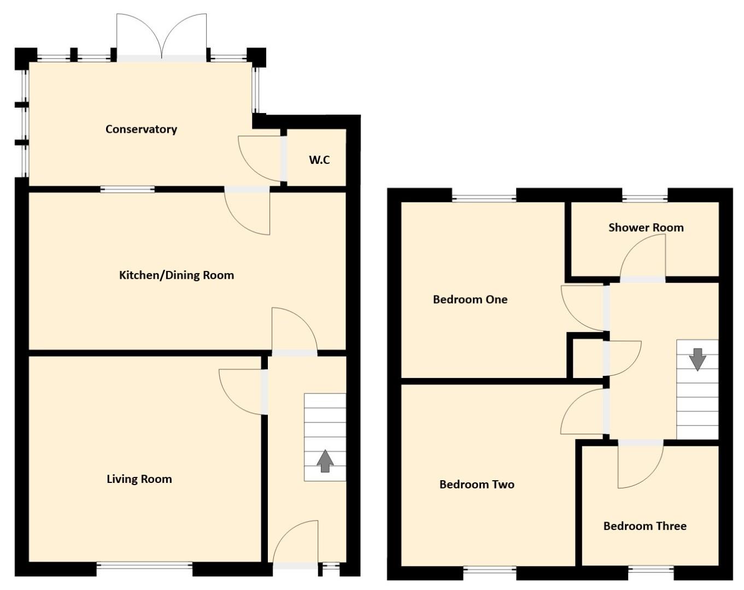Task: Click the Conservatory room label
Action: [x=141, y=129]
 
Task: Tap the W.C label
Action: [x=319, y=160]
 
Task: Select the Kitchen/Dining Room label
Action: [x=176, y=275]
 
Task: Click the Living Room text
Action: [x=139, y=479]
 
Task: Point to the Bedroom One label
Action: [x=470, y=299]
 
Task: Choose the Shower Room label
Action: [x=646, y=227]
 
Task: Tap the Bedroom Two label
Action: [x=477, y=485]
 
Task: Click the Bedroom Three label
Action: [x=645, y=526]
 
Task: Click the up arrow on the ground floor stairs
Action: [x=325, y=461]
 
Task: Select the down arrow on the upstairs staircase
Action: [x=698, y=359]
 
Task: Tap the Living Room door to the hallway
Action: [x=241, y=391]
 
